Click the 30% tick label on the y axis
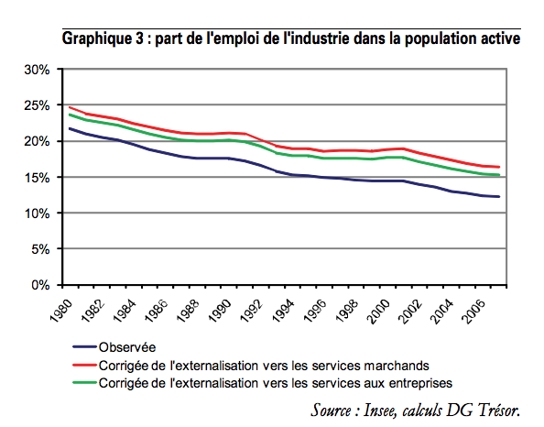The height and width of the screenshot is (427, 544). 37,70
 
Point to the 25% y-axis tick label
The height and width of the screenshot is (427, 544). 37,105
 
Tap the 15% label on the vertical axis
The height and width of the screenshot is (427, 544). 37,178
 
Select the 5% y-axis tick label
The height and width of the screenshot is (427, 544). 40,249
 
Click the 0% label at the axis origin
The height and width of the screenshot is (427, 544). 40,285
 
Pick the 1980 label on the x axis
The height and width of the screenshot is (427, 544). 61,311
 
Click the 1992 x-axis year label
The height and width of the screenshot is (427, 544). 251,311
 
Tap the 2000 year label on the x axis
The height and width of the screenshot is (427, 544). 378,311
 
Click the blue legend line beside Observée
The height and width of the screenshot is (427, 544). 84,346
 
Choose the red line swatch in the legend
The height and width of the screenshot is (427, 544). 84,365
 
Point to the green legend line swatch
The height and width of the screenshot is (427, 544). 84,383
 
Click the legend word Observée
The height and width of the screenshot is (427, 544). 127,347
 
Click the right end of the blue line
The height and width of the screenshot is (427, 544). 499,196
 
